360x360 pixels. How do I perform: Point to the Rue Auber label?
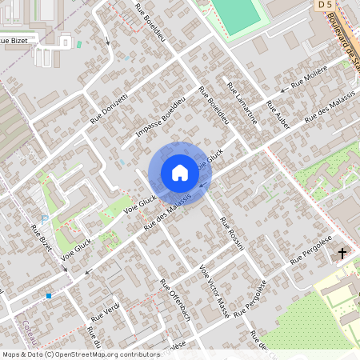coord(277,116)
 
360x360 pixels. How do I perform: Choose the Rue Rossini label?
coord(231,234)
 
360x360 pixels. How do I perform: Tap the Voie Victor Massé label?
coord(214,292)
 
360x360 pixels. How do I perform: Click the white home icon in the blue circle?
coord(180,173)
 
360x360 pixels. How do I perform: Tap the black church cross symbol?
coord(342,254)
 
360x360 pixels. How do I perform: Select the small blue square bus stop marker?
coord(49,296)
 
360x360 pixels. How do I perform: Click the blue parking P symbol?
coord(45,219)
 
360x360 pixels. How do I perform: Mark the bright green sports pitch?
coord(236,14)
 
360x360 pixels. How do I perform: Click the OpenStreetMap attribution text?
coord(80,354)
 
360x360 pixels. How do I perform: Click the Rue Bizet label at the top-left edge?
coord(14,39)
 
